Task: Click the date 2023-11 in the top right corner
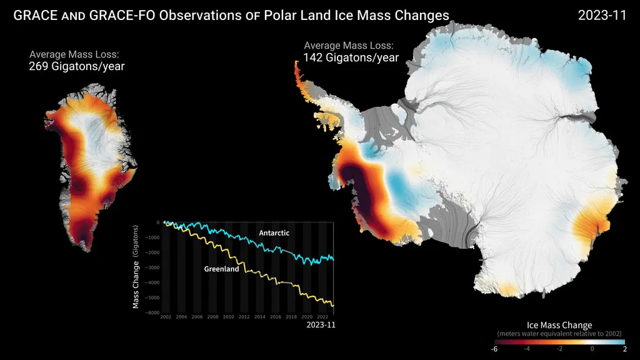click(602, 16)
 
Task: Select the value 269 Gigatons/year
click(76, 66)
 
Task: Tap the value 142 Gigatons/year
click(351, 57)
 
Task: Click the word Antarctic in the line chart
click(274, 232)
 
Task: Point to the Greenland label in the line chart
click(221, 269)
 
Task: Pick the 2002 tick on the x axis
click(166, 317)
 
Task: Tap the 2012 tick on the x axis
click(244, 317)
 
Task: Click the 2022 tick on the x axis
click(323, 317)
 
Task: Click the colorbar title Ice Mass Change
click(560, 325)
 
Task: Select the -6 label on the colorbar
click(494, 349)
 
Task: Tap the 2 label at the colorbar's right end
click(625, 349)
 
